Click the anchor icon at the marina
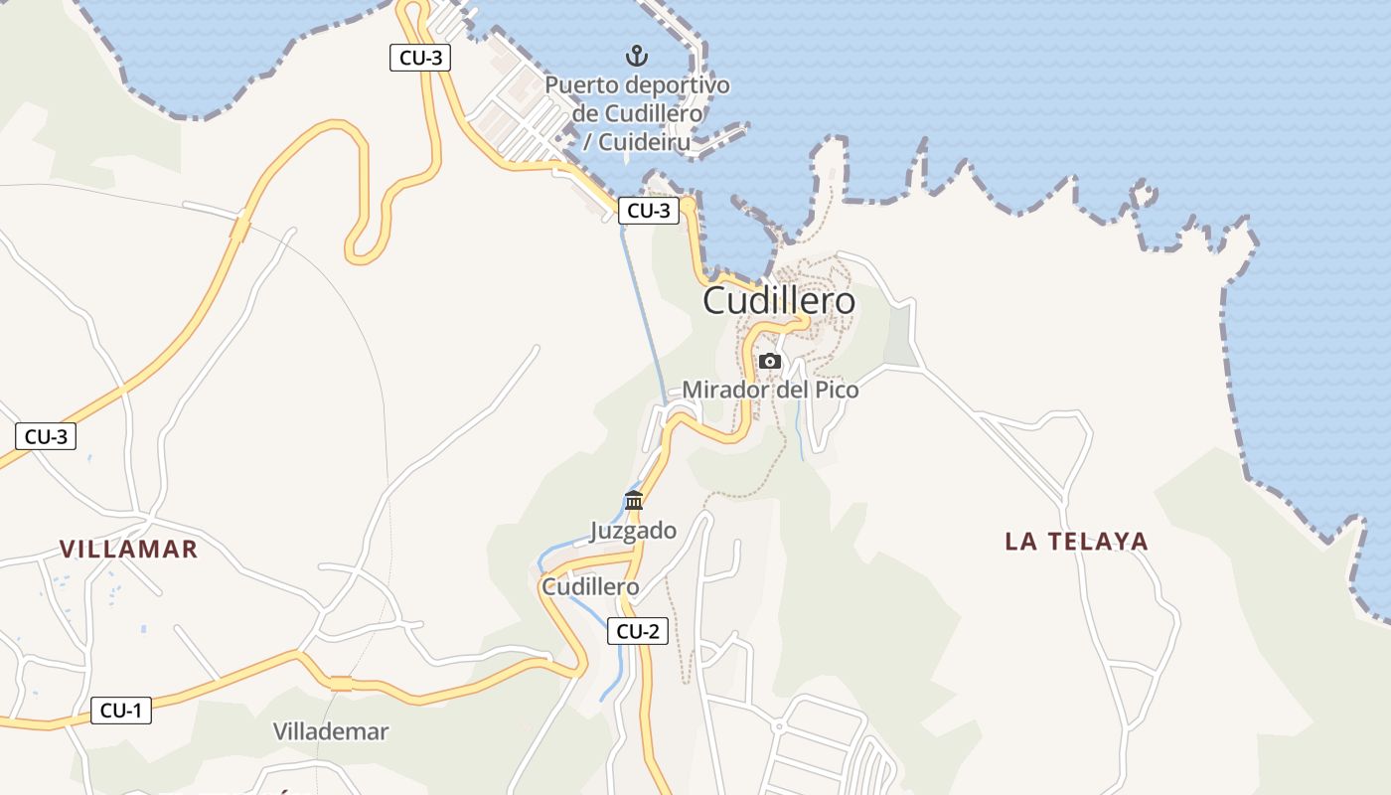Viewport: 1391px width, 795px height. (636, 55)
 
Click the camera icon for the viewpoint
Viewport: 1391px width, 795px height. (770, 361)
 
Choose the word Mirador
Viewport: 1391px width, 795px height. (724, 390)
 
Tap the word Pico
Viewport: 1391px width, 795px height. (837, 390)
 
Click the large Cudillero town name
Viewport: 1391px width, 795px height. (779, 301)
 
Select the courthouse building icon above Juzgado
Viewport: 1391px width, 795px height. (634, 500)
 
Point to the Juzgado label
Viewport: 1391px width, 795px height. (633, 531)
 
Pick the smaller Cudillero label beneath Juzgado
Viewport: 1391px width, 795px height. (590, 587)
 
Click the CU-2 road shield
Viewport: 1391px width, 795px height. (637, 631)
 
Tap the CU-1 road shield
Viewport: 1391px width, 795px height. (121, 711)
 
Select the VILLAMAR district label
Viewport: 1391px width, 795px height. (129, 549)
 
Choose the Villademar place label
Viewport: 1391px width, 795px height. (331, 731)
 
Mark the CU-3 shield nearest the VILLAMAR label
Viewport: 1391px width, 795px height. (46, 436)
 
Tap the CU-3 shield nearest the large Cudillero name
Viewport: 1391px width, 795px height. (649, 211)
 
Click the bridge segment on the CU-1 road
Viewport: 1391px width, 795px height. (341, 683)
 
